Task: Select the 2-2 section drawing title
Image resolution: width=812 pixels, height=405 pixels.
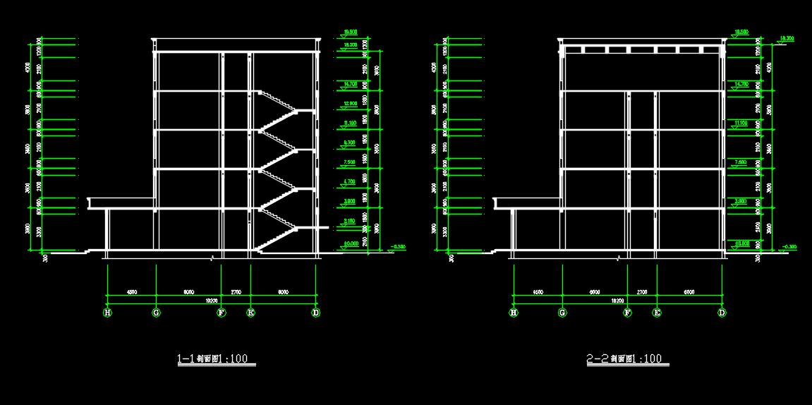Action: click(x=624, y=359)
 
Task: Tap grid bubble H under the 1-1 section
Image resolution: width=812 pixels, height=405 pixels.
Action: click(x=108, y=313)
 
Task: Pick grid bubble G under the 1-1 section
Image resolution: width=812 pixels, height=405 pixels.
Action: click(x=156, y=313)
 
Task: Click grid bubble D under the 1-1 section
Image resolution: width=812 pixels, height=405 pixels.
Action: click(x=316, y=313)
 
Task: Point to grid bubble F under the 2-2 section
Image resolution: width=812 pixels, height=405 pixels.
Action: click(x=627, y=313)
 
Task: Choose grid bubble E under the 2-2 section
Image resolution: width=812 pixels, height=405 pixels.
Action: click(x=657, y=313)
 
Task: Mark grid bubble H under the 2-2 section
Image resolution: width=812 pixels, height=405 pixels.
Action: click(x=514, y=313)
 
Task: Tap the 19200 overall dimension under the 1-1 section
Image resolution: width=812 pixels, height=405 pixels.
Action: click(x=211, y=301)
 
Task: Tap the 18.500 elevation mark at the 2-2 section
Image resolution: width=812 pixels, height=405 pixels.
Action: click(x=741, y=32)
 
